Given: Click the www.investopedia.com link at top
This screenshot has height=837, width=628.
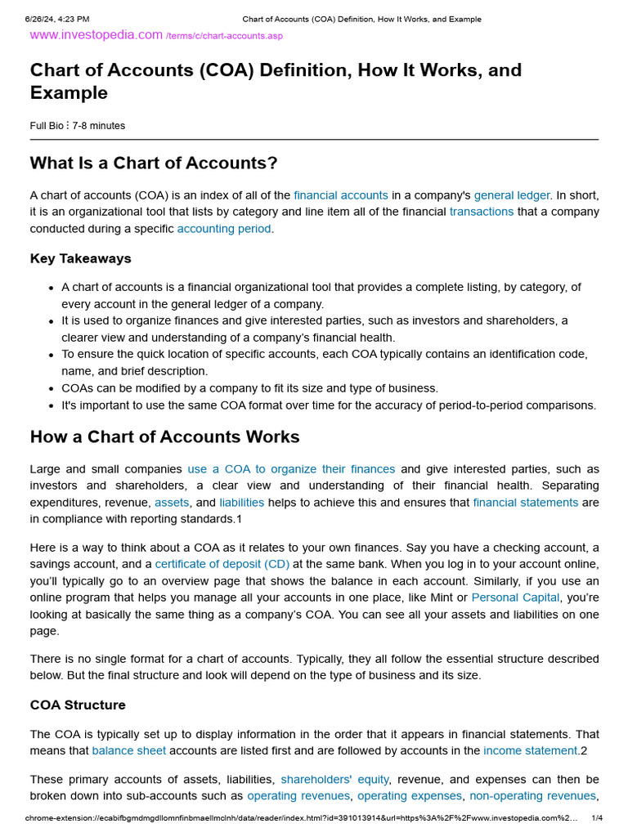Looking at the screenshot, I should (x=96, y=34).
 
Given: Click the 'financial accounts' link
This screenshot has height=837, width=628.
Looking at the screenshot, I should (x=341, y=195).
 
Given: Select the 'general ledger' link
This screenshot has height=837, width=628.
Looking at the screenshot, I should (x=512, y=195).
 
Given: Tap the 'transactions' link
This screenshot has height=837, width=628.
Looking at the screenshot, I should (x=482, y=212).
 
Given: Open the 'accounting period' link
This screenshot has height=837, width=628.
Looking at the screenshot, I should (x=224, y=229).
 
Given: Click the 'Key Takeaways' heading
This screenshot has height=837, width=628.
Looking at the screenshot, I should (x=80, y=258).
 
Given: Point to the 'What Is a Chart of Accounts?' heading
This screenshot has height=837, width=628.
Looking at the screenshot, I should (x=154, y=163).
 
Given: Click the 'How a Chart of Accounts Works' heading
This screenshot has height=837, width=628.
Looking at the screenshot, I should (x=164, y=436).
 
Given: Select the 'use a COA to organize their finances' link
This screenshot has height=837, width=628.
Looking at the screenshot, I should (x=291, y=469).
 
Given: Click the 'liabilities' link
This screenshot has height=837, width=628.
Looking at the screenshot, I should (x=241, y=503).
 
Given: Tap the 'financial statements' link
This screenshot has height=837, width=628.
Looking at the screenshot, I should (x=525, y=503).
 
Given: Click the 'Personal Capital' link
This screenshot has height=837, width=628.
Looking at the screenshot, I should (x=515, y=598).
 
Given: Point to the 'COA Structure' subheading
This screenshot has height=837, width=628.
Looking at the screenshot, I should (x=78, y=705).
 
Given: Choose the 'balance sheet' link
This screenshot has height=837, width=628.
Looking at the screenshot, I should (x=129, y=750).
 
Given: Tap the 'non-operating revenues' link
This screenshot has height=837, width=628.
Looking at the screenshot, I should (x=532, y=796).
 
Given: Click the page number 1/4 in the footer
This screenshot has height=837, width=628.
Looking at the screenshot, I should (x=597, y=818).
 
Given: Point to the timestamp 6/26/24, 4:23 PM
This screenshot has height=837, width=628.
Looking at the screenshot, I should (x=57, y=19).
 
